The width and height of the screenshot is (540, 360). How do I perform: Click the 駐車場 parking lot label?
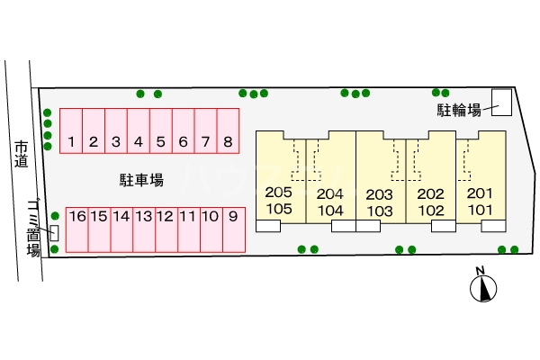[141, 180]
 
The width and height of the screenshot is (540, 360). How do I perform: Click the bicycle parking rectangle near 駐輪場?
[500, 103]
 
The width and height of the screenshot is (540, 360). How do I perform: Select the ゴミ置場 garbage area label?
[33, 225]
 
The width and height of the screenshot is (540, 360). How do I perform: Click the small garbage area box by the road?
[55, 232]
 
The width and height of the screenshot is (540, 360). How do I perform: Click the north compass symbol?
[484, 287]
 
